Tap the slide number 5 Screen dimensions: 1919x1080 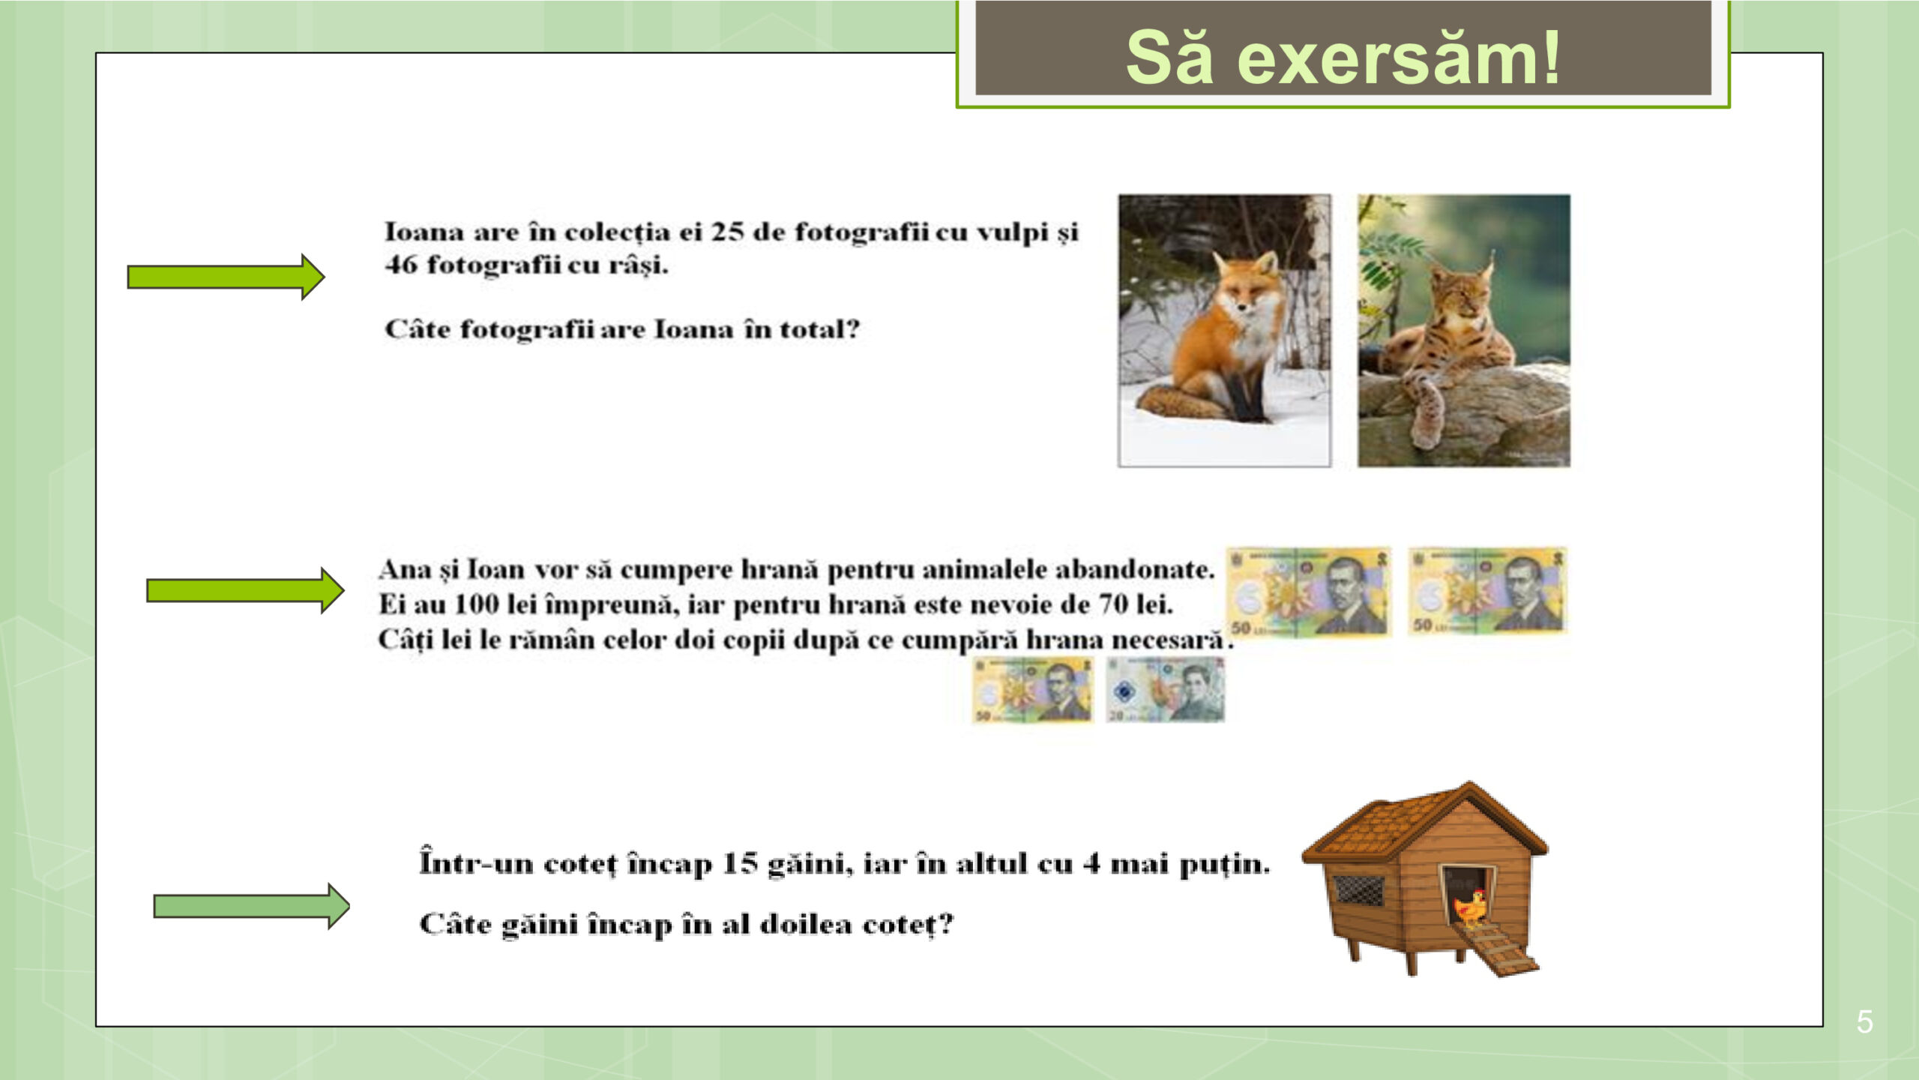click(1865, 1021)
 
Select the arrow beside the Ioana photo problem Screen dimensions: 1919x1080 click(226, 277)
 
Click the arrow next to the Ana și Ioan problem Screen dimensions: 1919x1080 click(245, 590)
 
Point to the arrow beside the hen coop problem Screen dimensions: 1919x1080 click(251, 906)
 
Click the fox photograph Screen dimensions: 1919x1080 click(1224, 331)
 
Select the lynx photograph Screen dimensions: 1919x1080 click(1464, 331)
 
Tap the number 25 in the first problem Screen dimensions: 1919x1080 click(726, 232)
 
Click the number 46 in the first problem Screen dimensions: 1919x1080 click(401, 265)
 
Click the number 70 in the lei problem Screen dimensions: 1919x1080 click(1115, 604)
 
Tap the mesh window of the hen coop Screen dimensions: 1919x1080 click(1359, 890)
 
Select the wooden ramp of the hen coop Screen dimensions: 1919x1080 click(1499, 949)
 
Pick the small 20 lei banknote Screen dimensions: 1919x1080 click(1166, 689)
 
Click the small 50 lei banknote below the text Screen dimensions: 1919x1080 click(1033, 690)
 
